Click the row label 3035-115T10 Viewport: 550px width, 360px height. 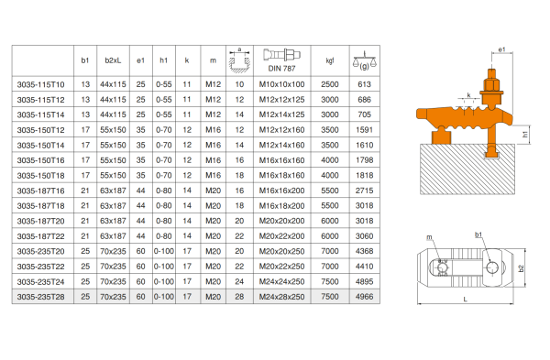40,84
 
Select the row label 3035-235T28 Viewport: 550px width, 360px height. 40,297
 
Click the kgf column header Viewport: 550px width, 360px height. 330,60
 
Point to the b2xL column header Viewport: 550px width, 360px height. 113,60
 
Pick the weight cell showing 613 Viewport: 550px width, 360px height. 365,84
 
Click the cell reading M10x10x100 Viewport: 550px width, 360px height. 281,84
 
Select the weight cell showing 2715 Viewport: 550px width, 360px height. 365,191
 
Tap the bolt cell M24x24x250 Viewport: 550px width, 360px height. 281,282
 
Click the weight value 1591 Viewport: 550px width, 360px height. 365,130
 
